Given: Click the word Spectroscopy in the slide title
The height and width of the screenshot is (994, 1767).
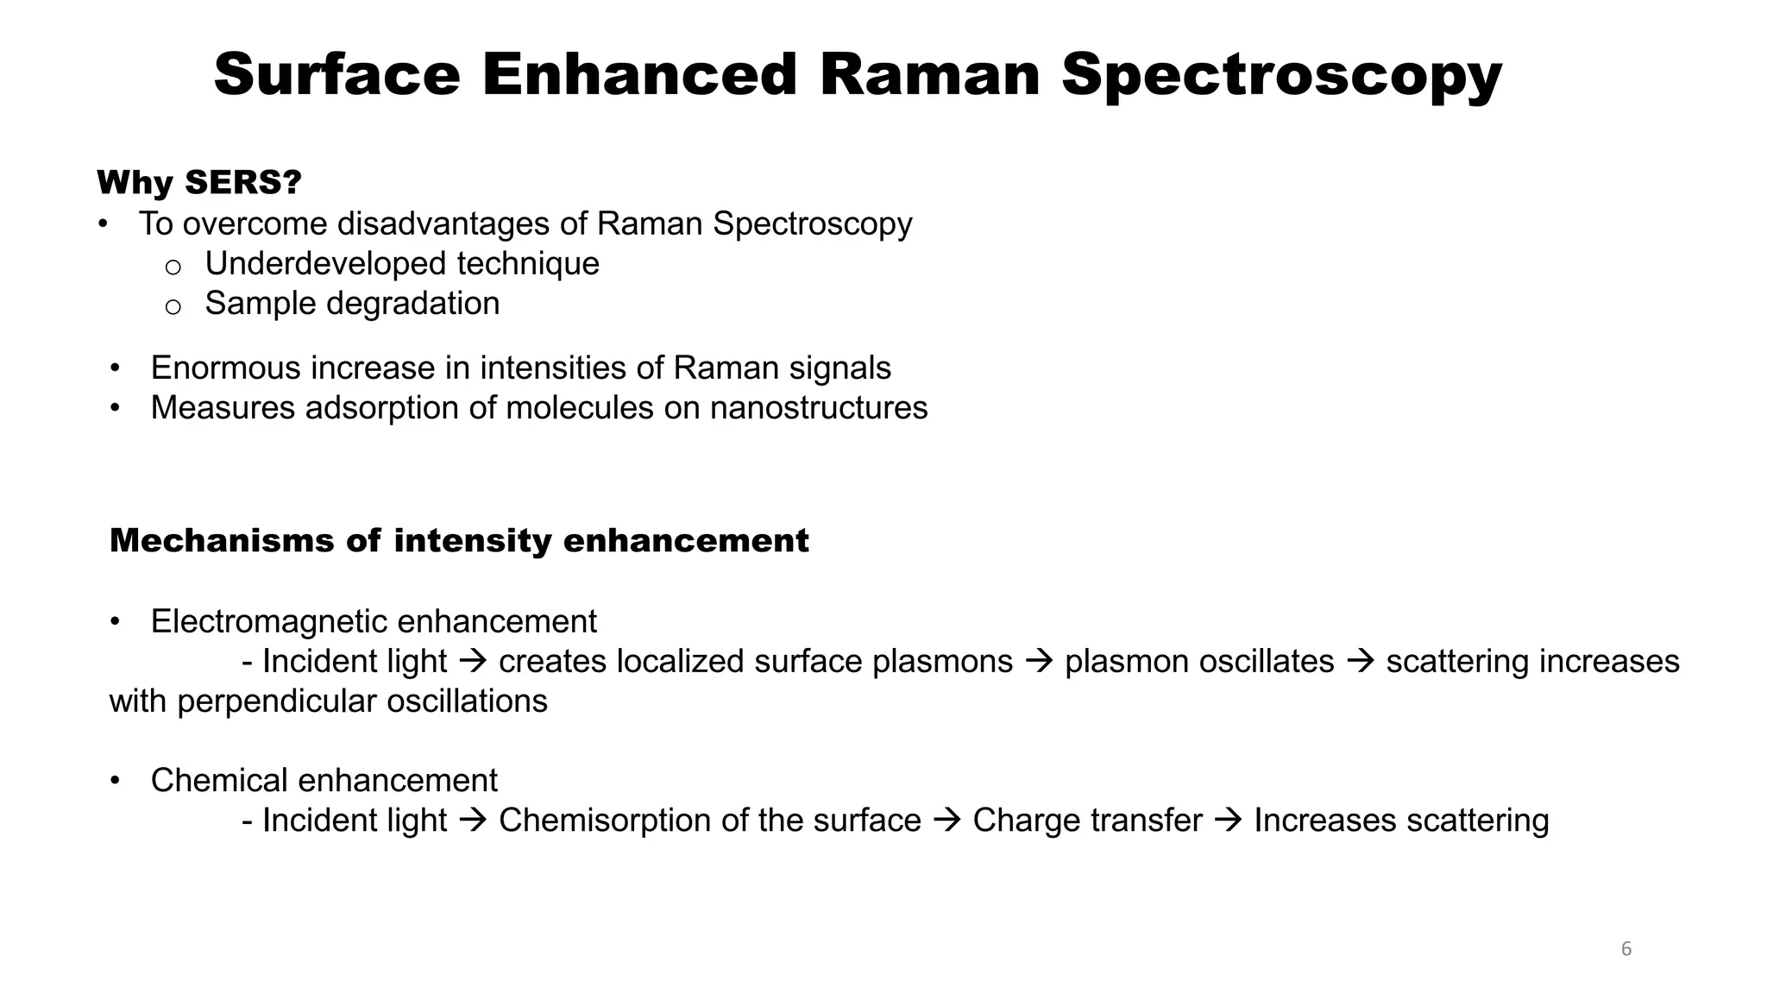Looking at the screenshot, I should coord(1281,76).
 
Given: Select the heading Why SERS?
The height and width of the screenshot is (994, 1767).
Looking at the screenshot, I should coord(199,183).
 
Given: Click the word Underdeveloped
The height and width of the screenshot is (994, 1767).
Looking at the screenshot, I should coord(322,264).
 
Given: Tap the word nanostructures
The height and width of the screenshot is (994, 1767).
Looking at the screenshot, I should coord(818,408).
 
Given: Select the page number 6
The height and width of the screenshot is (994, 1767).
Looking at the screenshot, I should coord(1626,949).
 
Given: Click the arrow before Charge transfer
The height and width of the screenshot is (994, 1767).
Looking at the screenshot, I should coord(946,821).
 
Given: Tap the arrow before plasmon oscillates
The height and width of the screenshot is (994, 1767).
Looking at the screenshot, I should coord(1039,662).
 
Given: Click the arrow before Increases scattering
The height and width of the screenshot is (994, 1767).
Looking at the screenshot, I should coord(1228,821).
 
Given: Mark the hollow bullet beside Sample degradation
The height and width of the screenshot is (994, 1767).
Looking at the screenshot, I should coord(173,306).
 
